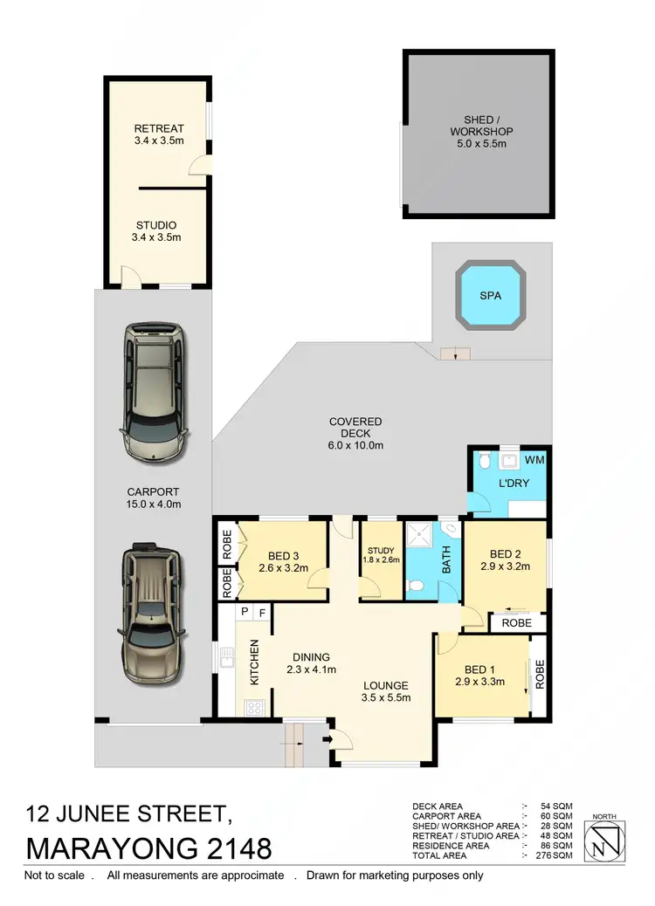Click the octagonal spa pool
[491, 296]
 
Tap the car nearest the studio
[155, 392]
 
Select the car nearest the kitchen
[153, 615]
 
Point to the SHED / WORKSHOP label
[476, 126]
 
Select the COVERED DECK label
[355, 422]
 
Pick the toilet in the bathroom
[417, 585]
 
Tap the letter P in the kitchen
[245, 612]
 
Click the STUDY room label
[381, 550]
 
